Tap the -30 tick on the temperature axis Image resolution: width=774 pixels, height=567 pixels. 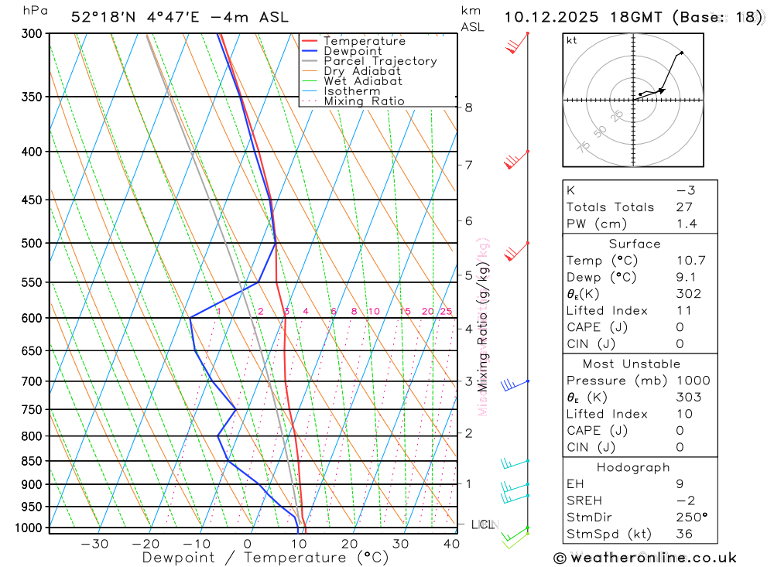click(94, 544)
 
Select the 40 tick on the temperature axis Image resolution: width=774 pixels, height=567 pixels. click(450, 544)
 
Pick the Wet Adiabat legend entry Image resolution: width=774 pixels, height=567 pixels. click(363, 81)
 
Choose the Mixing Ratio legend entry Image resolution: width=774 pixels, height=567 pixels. click(364, 101)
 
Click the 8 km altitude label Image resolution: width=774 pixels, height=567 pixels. click(469, 108)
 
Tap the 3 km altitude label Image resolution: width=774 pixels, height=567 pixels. click(469, 381)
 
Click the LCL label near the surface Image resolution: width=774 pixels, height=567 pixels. click(482, 525)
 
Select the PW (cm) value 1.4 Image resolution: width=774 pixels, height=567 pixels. click(687, 224)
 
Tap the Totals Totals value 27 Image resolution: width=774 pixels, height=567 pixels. click(683, 207)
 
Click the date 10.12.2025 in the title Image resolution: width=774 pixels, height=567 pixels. click(553, 17)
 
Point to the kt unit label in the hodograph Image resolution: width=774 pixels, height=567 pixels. click(572, 40)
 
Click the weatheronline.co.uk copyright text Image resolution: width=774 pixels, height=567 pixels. click(645, 558)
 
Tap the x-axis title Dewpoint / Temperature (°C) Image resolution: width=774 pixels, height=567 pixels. click(265, 558)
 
